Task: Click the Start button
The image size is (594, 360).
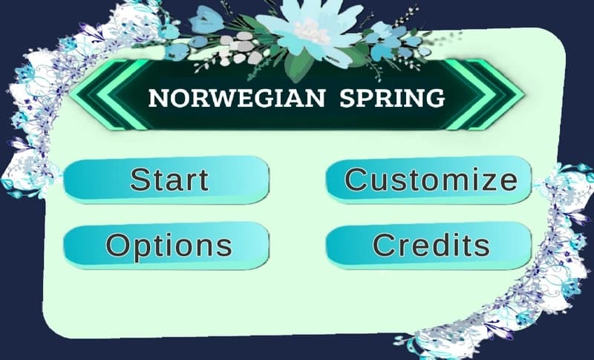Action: (x=166, y=179)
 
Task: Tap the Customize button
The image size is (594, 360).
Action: (x=429, y=179)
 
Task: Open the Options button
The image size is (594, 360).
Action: (x=166, y=245)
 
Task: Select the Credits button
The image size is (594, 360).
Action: (x=429, y=245)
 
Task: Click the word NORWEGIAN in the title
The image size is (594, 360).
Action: (x=237, y=98)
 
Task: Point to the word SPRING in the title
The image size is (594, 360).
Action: (x=392, y=98)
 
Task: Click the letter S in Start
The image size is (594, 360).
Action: (x=140, y=179)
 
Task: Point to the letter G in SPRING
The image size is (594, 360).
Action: (x=435, y=98)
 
